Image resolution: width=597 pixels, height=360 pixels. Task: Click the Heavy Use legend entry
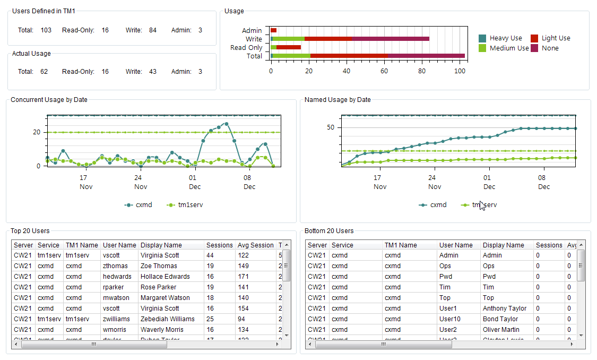tap(505, 38)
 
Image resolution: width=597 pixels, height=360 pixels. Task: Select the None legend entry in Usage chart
tap(550, 48)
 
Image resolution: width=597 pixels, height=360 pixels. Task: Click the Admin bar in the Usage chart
tap(274, 31)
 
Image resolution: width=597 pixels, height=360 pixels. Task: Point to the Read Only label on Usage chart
tap(246, 48)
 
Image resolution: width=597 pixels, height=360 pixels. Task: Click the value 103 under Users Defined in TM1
tap(46, 30)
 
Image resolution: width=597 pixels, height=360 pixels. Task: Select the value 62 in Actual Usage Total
tap(44, 72)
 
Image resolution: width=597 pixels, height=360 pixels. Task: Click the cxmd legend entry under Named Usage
tap(438, 205)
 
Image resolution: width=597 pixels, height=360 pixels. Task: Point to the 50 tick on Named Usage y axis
tap(331, 127)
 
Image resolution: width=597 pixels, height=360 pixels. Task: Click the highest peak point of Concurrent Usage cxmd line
tap(227, 124)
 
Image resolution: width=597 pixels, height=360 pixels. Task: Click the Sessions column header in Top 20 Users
tap(219, 245)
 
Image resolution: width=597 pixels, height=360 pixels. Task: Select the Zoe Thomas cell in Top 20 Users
tap(159, 266)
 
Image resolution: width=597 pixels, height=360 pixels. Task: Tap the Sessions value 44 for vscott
tap(210, 255)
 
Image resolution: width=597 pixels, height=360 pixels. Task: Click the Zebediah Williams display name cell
tap(167, 319)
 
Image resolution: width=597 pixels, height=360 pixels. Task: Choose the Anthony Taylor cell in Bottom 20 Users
tap(504, 308)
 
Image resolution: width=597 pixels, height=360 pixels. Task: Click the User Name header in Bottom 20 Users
tap(455, 245)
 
